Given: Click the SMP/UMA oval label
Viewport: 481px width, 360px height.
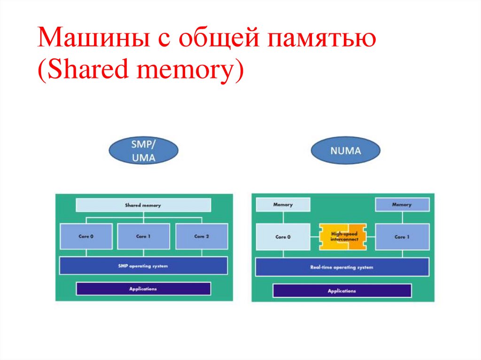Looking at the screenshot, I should tap(143, 150).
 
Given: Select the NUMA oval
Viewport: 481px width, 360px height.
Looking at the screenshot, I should tap(345, 151).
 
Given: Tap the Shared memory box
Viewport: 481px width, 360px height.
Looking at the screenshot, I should tap(143, 205).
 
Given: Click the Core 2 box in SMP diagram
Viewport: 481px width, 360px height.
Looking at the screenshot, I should tap(201, 236).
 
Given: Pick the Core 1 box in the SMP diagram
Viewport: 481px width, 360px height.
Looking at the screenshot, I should tap(143, 236).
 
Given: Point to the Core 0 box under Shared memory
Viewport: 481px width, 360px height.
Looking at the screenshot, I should tap(86, 236).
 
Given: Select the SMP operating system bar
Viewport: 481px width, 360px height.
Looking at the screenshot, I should tap(143, 266).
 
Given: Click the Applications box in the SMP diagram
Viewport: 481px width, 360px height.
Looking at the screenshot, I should tap(143, 289).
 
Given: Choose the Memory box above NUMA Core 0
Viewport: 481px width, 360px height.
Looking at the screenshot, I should tap(283, 205).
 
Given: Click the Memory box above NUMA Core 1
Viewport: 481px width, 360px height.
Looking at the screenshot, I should tap(402, 205).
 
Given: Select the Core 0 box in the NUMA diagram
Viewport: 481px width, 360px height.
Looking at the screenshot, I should tap(283, 237).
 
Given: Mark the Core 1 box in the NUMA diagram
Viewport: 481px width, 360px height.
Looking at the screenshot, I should tap(402, 237).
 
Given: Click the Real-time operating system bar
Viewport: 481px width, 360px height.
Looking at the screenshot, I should tap(341, 267).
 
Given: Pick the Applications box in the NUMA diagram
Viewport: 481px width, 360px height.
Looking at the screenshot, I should tap(341, 291).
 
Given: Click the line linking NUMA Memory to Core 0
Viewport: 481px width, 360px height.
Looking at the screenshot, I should tap(283, 217).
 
